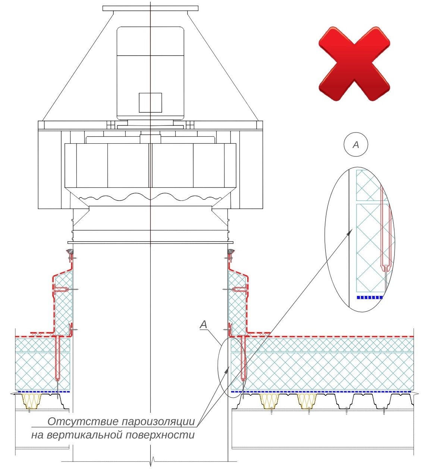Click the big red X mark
(354, 64)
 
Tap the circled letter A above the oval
(356, 144)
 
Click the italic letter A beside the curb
(204, 324)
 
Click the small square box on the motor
(150, 103)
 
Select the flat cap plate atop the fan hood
(150, 9)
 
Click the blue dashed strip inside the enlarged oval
(370, 298)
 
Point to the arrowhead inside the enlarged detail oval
(349, 233)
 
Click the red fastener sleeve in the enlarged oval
(385, 229)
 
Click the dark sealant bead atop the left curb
(70, 251)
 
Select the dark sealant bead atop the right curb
(231, 251)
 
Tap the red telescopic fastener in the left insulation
(57, 358)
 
